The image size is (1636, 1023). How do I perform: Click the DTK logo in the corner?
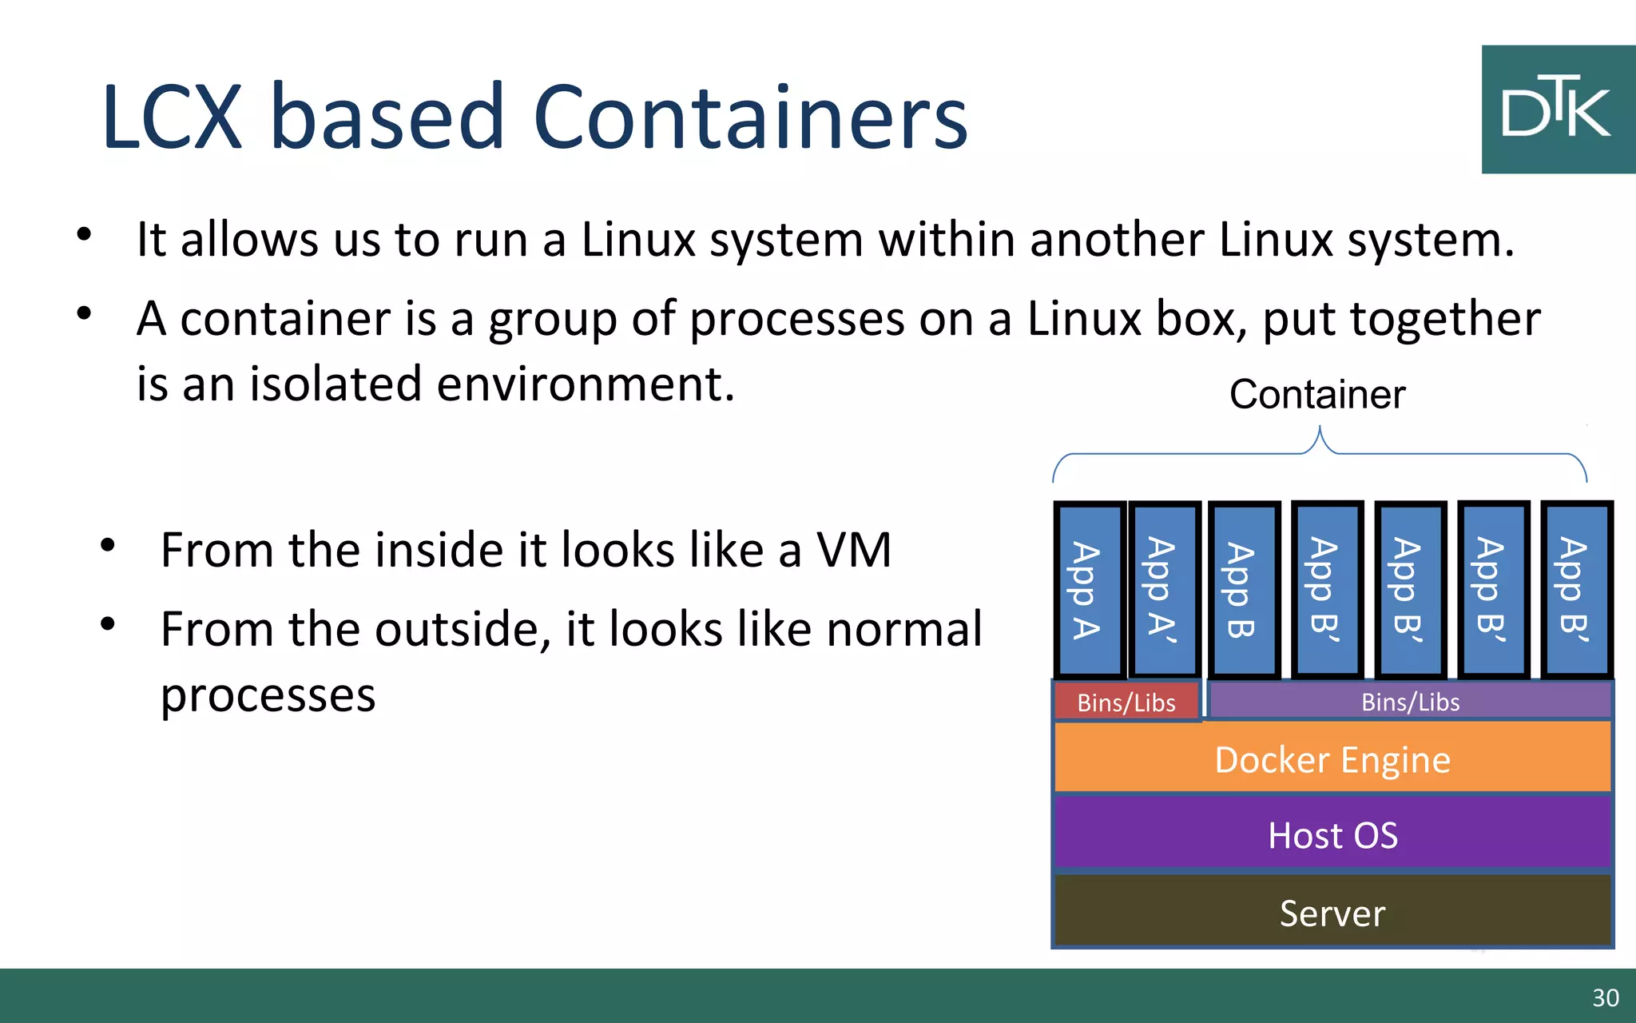1558,109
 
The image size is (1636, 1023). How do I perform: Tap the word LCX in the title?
172,117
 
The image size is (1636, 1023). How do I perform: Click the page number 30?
1605,997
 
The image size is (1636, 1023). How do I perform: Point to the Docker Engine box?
1332,758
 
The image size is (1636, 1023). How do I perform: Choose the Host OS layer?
1332,834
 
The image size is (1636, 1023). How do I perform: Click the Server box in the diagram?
1332,913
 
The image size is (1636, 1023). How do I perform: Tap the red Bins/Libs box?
1126,702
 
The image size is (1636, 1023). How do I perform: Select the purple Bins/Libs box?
1410,702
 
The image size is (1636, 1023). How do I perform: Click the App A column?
1088,590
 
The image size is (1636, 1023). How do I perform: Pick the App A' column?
1164,590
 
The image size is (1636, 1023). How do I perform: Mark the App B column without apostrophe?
1243,590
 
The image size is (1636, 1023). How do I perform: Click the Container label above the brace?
1317,394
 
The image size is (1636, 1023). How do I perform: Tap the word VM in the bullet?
853,550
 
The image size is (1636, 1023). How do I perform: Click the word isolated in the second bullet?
336,384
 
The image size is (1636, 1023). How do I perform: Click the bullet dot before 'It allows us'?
85,235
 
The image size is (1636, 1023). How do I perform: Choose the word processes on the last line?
268,695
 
